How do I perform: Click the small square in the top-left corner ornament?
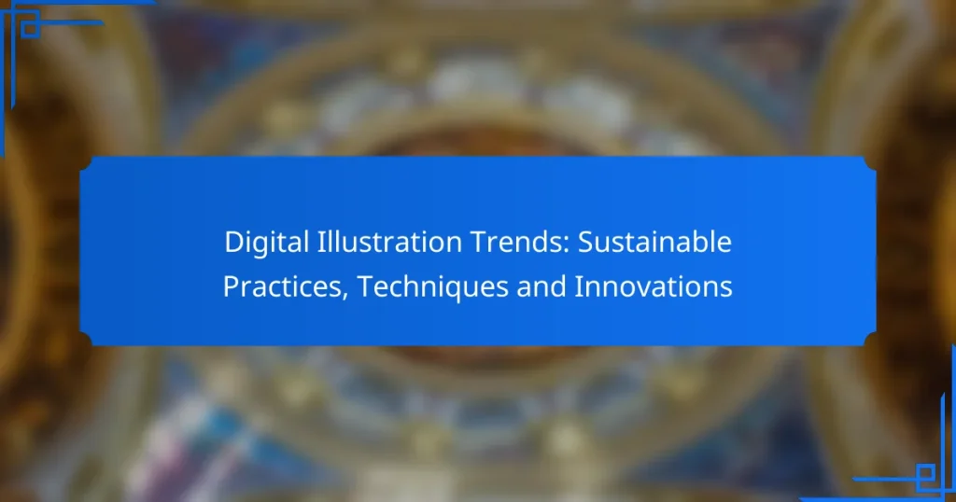(x=28, y=29)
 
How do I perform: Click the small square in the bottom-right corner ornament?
(x=928, y=473)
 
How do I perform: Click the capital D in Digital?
(x=232, y=243)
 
